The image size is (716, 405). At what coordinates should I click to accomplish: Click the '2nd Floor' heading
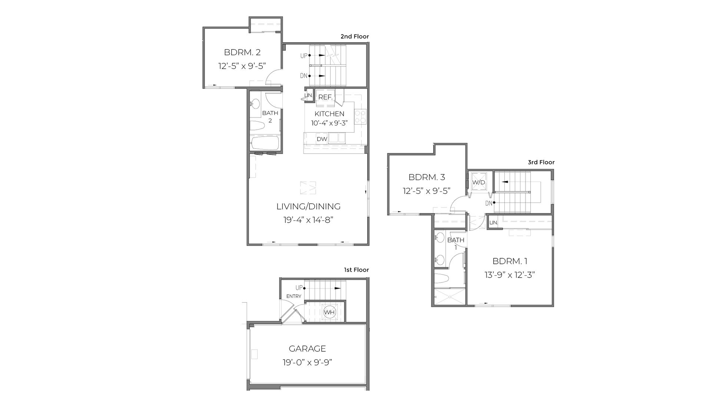355,36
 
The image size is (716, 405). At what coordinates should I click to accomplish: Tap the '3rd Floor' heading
541,162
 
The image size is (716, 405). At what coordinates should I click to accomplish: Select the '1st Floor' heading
356,270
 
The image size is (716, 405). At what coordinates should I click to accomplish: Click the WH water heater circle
329,312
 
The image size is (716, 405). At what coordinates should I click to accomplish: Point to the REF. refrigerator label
325,97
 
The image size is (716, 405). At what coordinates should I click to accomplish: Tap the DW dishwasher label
322,139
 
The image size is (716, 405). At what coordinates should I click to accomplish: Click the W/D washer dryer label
478,182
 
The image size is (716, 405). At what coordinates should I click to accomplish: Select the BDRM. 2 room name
242,52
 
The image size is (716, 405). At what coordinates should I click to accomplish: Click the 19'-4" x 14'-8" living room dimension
308,220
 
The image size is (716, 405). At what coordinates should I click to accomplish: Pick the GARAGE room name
307,349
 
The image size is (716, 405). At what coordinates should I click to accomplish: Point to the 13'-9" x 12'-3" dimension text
510,275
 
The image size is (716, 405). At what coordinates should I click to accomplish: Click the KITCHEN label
329,114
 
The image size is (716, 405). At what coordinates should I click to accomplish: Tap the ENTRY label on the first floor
294,296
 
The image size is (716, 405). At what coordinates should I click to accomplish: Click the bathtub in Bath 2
265,143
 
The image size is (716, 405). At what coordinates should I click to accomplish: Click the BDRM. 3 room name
427,177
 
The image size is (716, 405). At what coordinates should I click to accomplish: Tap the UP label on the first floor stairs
299,288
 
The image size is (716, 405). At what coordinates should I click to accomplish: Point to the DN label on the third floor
488,203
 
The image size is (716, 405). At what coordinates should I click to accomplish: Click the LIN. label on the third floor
493,223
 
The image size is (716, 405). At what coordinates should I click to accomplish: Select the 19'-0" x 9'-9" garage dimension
307,362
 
